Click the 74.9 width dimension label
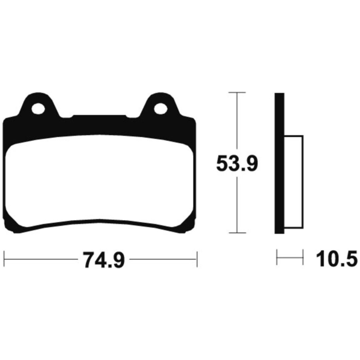(x=104, y=260)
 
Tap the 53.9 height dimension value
(x=237, y=163)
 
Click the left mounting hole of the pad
(x=38, y=109)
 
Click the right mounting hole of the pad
(x=160, y=109)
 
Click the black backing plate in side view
(x=279, y=163)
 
